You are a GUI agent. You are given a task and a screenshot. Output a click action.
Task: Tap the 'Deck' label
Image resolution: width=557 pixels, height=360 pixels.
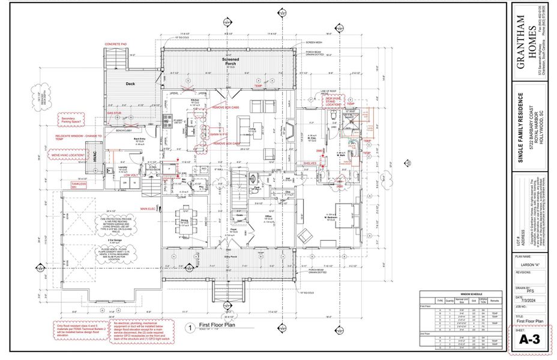(x=130, y=84)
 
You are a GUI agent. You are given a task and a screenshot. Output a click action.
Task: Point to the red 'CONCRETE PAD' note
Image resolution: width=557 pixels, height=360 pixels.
(x=116, y=44)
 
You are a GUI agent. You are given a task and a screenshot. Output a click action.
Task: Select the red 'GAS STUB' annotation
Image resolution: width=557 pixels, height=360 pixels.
(x=114, y=112)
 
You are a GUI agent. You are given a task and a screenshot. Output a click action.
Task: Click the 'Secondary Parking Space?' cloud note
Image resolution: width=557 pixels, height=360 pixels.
(x=72, y=121)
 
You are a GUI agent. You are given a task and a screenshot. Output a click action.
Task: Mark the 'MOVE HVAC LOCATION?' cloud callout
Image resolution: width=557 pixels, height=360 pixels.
(x=68, y=155)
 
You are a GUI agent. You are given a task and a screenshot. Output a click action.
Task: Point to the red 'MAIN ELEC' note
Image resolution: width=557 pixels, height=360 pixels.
(x=148, y=209)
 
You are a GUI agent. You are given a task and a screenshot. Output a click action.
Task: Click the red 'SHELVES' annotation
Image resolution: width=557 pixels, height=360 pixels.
(x=310, y=162)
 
